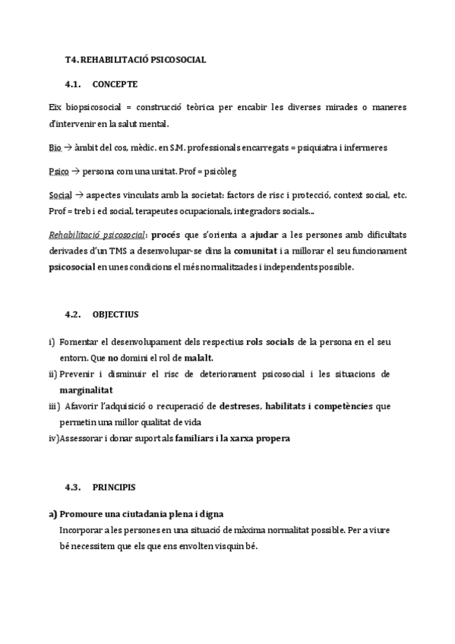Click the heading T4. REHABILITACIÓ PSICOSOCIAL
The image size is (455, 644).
click(x=135, y=58)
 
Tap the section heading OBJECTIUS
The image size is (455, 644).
click(x=115, y=314)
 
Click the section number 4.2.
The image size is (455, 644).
click(x=74, y=314)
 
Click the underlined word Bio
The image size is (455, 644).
click(x=55, y=147)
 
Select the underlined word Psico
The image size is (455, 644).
click(x=58, y=172)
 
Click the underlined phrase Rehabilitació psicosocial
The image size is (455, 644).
click(x=96, y=235)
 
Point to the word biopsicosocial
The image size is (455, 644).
click(x=90, y=108)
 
